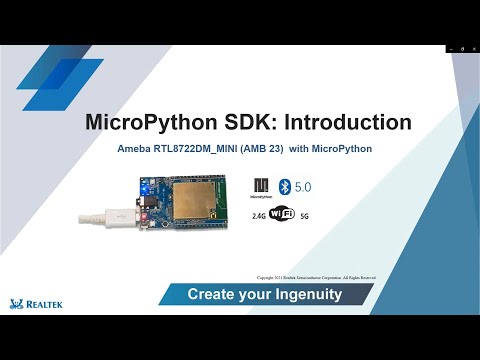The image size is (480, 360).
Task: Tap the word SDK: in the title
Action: click(239, 122)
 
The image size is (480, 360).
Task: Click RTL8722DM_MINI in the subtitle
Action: click(200, 148)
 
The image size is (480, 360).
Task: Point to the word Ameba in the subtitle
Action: click(135, 148)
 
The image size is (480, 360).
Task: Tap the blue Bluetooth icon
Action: click(283, 187)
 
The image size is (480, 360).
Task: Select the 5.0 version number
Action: click(304, 187)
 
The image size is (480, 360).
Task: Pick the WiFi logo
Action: click(283, 213)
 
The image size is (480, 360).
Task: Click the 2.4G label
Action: click(259, 215)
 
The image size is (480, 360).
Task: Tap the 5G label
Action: click(305, 215)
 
